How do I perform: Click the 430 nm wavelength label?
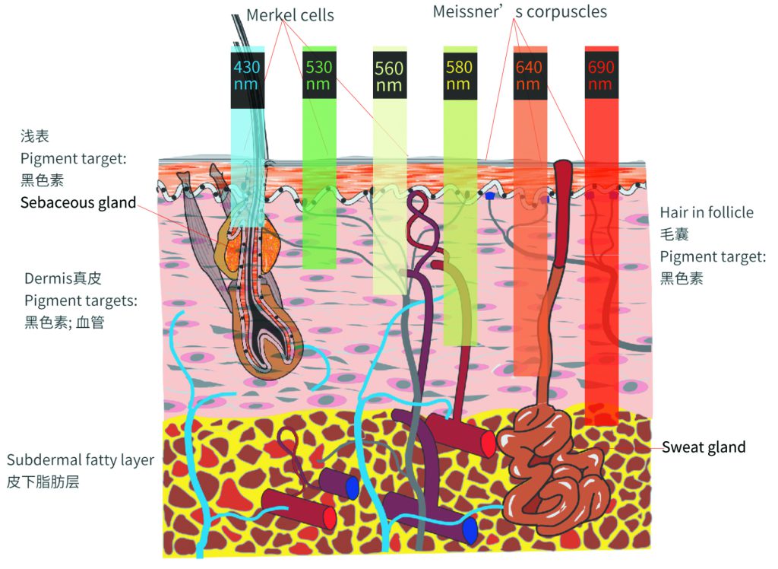(x=247, y=75)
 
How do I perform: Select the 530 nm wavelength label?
(x=318, y=75)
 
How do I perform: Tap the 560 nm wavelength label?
(x=389, y=77)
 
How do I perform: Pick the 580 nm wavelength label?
(x=459, y=75)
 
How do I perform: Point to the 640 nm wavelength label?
(x=529, y=75)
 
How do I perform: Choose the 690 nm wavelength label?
(x=601, y=75)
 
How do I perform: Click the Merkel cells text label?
(x=290, y=15)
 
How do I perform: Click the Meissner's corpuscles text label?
(x=520, y=11)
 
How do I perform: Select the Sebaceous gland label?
(x=78, y=202)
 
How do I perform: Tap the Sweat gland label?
(x=704, y=447)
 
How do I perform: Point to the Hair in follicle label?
(x=707, y=212)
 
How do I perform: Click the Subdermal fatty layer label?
(x=81, y=460)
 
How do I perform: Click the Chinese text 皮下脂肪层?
(x=43, y=482)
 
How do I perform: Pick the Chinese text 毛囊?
(x=675, y=234)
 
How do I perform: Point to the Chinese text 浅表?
(x=35, y=136)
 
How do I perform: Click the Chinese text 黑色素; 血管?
(x=65, y=323)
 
